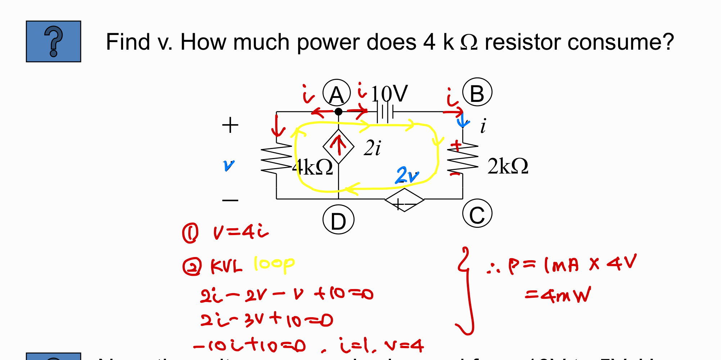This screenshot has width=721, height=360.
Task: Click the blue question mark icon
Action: [53, 41]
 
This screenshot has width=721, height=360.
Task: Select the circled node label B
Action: [477, 92]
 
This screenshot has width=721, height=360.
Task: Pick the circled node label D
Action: [338, 220]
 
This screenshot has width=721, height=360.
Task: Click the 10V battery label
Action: [389, 94]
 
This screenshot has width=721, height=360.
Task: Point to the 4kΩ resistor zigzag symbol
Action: [276, 158]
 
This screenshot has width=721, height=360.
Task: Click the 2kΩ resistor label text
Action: [508, 166]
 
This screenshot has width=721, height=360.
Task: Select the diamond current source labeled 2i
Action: [338, 147]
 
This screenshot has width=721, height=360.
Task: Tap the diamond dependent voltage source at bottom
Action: [404, 200]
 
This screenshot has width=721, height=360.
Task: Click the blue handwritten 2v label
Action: [407, 175]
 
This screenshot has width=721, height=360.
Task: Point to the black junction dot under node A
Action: [338, 112]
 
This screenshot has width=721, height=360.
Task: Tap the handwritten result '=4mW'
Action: [558, 295]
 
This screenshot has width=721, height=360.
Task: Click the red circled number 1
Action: [190, 233]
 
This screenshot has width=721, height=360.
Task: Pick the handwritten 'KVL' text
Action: [226, 267]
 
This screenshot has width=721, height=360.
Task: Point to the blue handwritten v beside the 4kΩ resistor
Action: [229, 165]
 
